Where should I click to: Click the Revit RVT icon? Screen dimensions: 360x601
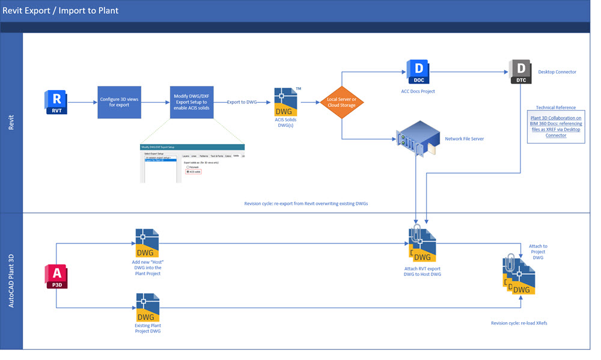tap(56, 102)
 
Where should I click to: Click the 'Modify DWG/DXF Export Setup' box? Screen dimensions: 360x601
tap(192, 102)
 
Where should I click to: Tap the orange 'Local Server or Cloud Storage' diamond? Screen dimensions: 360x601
tap(341, 102)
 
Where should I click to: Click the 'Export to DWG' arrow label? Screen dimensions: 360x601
tap(242, 102)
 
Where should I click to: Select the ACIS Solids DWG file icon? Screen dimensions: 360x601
tap(287, 102)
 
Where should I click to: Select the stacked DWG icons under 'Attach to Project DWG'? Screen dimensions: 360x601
tap(518, 275)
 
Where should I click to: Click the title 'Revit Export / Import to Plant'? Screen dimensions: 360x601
tap(60, 10)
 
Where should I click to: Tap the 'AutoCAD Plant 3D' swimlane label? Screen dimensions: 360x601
tap(11, 281)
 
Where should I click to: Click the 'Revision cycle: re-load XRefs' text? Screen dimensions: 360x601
tap(519, 323)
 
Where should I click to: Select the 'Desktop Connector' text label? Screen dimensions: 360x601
tap(557, 72)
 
